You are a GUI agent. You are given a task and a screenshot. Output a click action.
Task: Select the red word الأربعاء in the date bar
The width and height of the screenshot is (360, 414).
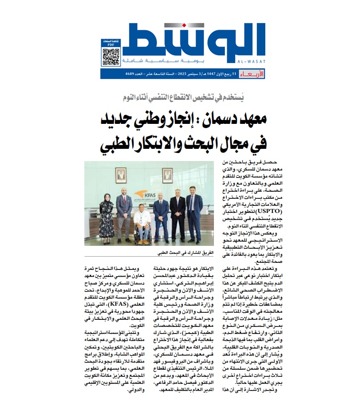click(248, 74)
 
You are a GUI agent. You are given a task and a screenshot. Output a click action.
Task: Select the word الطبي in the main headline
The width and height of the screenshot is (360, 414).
click(121, 145)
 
